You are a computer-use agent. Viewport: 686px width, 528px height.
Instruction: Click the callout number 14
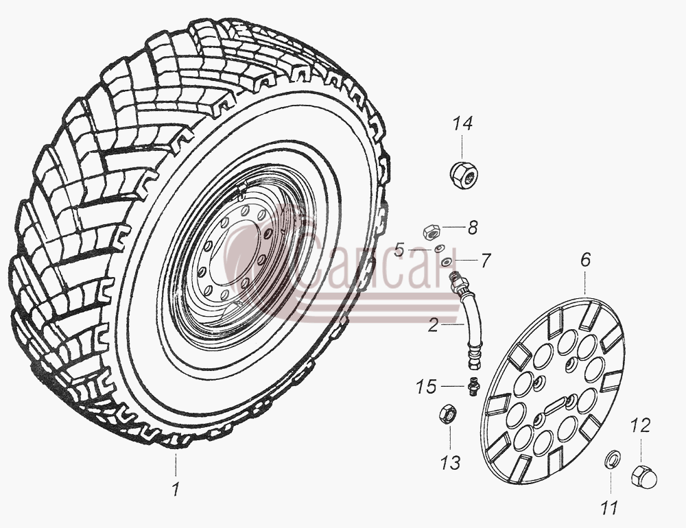[x=462, y=124]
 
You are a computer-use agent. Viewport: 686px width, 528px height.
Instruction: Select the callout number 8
[x=473, y=228]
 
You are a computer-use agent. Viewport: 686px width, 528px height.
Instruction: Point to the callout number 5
[x=399, y=250]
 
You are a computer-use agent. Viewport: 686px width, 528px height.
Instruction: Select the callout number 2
[x=433, y=326]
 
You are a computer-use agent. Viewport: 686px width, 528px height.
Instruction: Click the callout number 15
[x=426, y=387]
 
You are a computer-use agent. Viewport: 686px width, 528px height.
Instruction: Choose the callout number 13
[x=451, y=462]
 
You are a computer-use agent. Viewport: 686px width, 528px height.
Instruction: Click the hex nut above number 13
[x=448, y=413]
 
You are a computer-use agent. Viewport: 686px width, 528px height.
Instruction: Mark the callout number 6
[x=585, y=260]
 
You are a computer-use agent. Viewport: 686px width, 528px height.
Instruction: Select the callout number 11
[x=609, y=508]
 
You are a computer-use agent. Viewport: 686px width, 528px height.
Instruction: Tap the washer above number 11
[x=611, y=460]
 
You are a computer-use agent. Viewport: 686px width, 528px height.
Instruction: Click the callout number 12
[x=641, y=426]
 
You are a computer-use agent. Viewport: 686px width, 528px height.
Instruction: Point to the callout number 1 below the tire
[x=176, y=490]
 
